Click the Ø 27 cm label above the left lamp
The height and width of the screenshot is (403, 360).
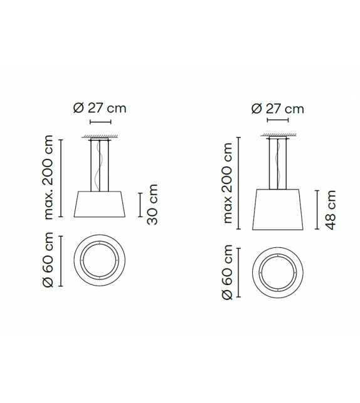(100, 107)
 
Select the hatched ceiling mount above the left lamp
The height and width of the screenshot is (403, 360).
(100, 137)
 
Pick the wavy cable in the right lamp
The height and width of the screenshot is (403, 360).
(277, 165)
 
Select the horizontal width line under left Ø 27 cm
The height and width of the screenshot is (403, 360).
(100, 122)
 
